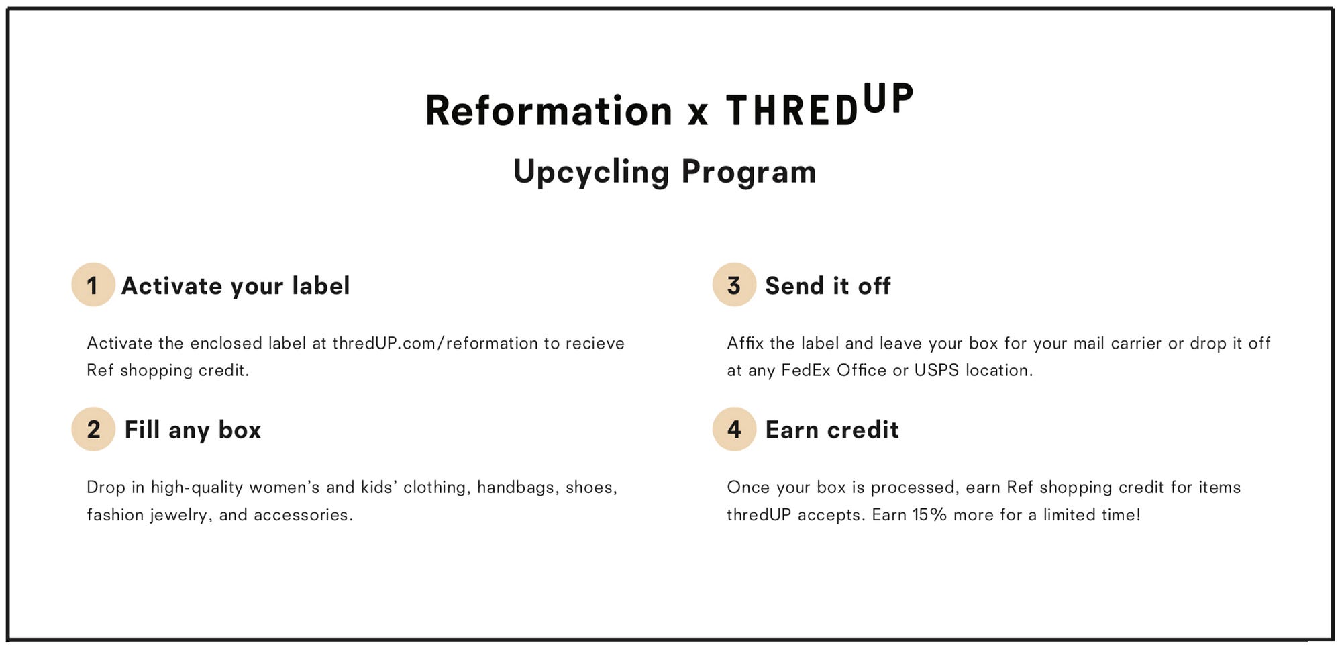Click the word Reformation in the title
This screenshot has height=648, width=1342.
pos(549,110)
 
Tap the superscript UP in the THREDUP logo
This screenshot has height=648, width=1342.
pos(888,99)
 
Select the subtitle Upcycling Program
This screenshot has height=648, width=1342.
pos(664,172)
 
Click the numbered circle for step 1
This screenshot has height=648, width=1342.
pos(93,285)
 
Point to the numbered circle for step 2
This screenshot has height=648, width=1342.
pos(93,429)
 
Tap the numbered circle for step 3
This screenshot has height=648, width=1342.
pos(734,285)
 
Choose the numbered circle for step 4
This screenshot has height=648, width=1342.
pos(734,429)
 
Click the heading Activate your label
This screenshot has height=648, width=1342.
pos(236,286)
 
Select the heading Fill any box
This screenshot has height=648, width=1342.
pos(193,430)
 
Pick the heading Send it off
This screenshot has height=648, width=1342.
pos(828,286)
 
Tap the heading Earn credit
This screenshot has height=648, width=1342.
pos(832,430)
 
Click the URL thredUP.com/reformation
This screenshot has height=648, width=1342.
pos(435,343)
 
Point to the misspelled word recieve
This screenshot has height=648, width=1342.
pos(595,343)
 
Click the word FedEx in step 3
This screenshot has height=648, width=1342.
pos(806,370)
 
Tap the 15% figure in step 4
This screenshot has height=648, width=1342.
pos(929,515)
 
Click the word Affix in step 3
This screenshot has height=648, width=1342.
pos(745,343)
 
